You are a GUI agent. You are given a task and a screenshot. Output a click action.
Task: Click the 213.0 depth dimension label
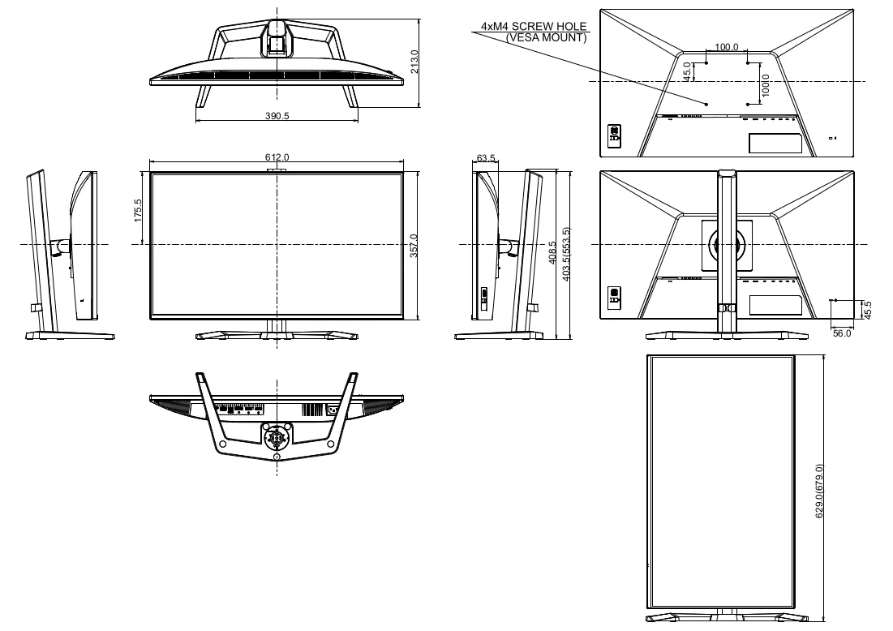[x=414, y=62]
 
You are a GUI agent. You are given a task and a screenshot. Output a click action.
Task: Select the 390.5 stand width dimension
[x=277, y=116]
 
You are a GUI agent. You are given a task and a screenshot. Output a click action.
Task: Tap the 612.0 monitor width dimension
[x=277, y=157]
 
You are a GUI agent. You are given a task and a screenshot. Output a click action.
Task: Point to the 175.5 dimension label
[x=137, y=210]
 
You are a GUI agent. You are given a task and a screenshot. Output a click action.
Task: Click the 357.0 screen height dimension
[x=414, y=246]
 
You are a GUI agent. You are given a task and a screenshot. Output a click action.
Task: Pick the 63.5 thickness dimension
[x=486, y=157]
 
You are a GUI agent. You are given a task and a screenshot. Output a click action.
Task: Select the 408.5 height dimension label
[x=552, y=252]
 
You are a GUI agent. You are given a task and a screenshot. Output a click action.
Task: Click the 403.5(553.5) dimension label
[x=565, y=254]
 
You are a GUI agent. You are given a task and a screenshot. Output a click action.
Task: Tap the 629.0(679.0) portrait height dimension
[x=819, y=491]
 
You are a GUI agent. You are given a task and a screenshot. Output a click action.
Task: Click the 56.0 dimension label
[x=842, y=333]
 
